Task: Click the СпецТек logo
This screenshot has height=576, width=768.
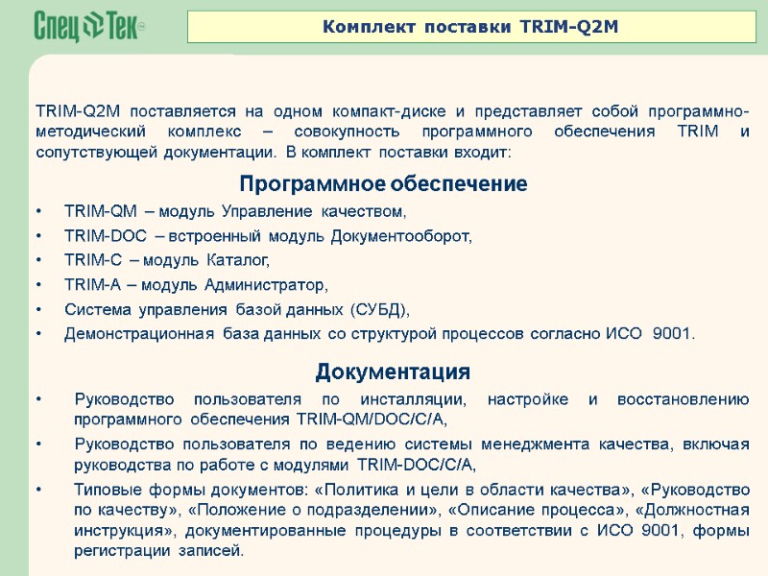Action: [88, 26]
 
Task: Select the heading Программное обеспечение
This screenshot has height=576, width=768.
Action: [383, 183]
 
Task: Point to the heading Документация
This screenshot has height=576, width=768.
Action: [393, 372]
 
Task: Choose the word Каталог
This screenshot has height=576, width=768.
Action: [240, 260]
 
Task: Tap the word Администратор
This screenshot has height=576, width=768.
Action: [275, 285]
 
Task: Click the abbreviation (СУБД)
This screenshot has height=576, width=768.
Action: [379, 309]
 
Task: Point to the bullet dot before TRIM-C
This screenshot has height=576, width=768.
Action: [38, 260]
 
